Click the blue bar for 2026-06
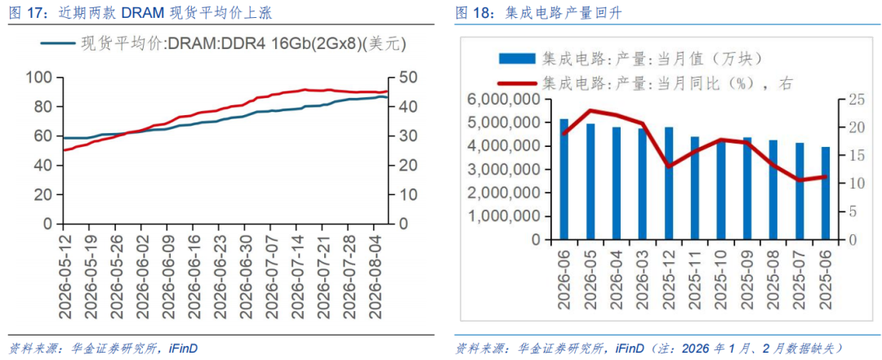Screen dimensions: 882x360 pyautogui.click(x=563, y=180)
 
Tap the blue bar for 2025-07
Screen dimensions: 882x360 pyautogui.click(x=800, y=191)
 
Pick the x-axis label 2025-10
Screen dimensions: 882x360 pyautogui.click(x=721, y=278)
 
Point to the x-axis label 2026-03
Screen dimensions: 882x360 pyautogui.click(x=643, y=278)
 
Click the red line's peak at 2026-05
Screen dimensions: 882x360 pyautogui.click(x=590, y=110)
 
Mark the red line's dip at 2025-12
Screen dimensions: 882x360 pyautogui.click(x=668, y=167)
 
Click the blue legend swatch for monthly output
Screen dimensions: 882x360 pyautogui.click(x=518, y=58)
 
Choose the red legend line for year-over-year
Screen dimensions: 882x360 pyautogui.click(x=518, y=84)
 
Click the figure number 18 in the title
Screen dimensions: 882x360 pyautogui.click(x=482, y=14)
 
